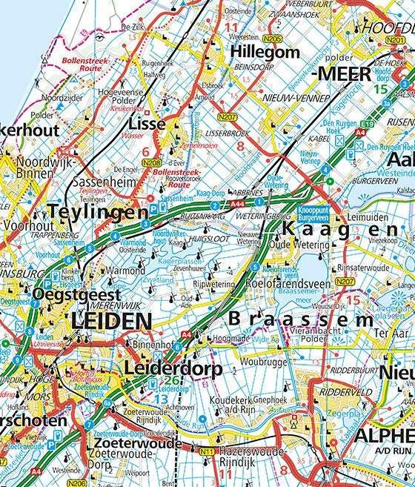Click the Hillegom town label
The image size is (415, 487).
265,53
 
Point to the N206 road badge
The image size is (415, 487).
76,483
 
